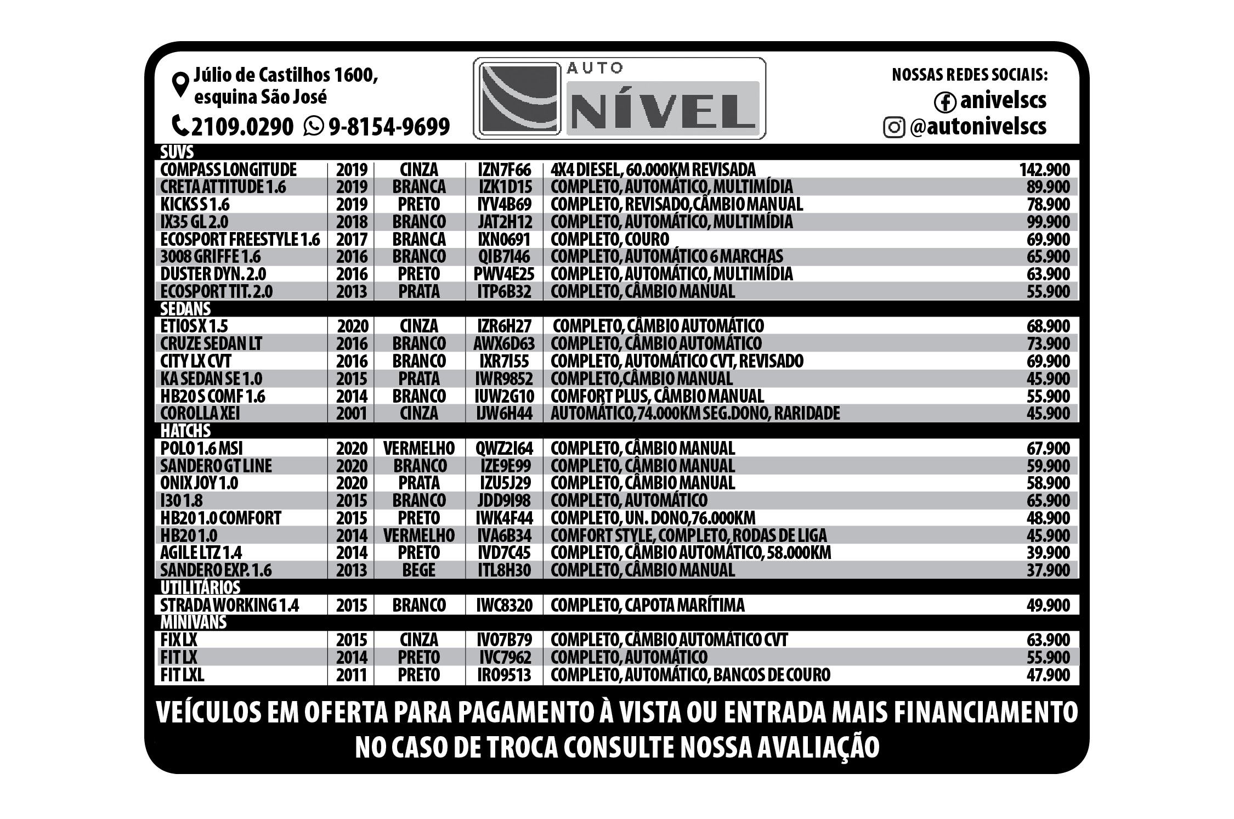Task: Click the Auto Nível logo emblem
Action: pyautogui.click(x=519, y=99)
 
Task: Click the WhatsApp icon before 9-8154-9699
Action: pyautogui.click(x=314, y=126)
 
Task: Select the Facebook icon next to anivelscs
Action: pyautogui.click(x=944, y=101)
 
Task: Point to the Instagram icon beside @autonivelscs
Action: pyautogui.click(x=894, y=127)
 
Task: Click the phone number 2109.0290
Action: pyautogui.click(x=242, y=127)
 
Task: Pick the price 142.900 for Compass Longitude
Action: pyautogui.click(x=1044, y=170)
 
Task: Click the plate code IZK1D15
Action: pyautogui.click(x=505, y=187)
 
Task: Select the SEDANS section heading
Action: pyautogui.click(x=185, y=309)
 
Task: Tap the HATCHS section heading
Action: pyautogui.click(x=185, y=431)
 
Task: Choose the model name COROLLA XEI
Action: pyautogui.click(x=200, y=413)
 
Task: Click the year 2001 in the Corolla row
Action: pyautogui.click(x=352, y=413)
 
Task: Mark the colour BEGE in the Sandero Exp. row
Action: pyautogui.click(x=419, y=570)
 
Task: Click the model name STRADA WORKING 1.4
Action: pyautogui.click(x=229, y=605)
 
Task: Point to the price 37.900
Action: pyautogui.click(x=1048, y=570)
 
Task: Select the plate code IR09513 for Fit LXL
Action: pyautogui.click(x=505, y=675)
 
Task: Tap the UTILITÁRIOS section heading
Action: pyautogui.click(x=200, y=588)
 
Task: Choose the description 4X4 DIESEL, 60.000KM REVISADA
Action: pyautogui.click(x=653, y=170)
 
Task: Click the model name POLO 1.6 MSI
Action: pyautogui.click(x=201, y=448)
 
